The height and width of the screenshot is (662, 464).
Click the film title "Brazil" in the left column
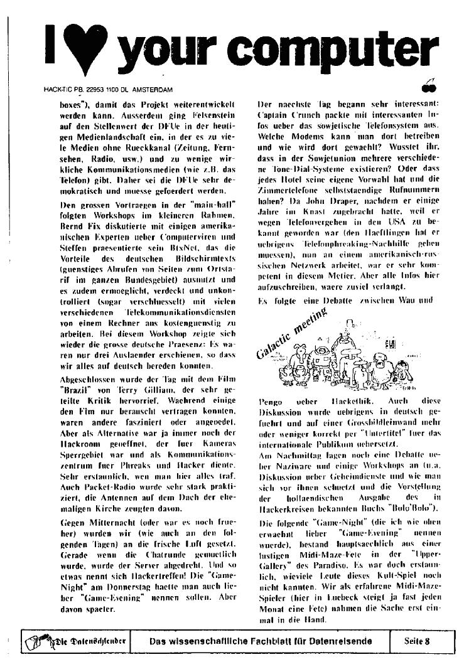(x=75, y=372)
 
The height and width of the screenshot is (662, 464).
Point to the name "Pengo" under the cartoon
(x=271, y=400)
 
